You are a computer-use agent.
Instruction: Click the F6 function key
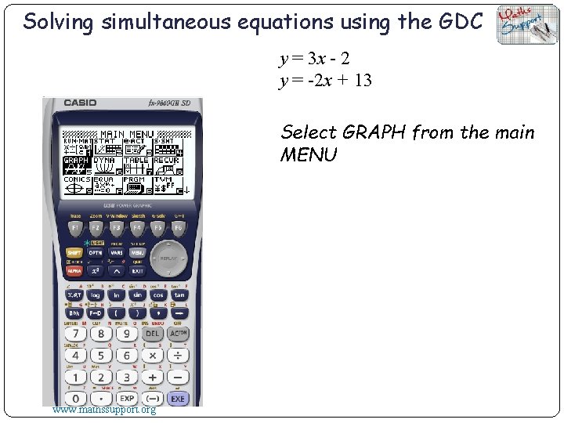click(179, 228)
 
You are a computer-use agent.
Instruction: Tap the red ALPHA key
click(74, 271)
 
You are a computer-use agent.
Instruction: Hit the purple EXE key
click(178, 399)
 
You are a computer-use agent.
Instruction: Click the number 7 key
click(75, 334)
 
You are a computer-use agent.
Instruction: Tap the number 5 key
click(101, 356)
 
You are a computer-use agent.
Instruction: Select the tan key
click(179, 295)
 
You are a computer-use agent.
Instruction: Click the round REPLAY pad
click(168, 257)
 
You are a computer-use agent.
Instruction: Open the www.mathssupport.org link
click(103, 409)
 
